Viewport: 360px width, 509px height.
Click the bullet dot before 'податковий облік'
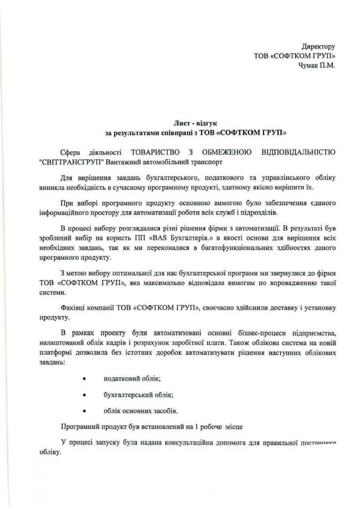tap(83, 378)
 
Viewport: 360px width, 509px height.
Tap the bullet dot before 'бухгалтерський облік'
tap(83, 394)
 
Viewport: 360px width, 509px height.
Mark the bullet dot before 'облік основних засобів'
tap(83, 411)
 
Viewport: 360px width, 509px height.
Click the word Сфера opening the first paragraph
tap(71, 152)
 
